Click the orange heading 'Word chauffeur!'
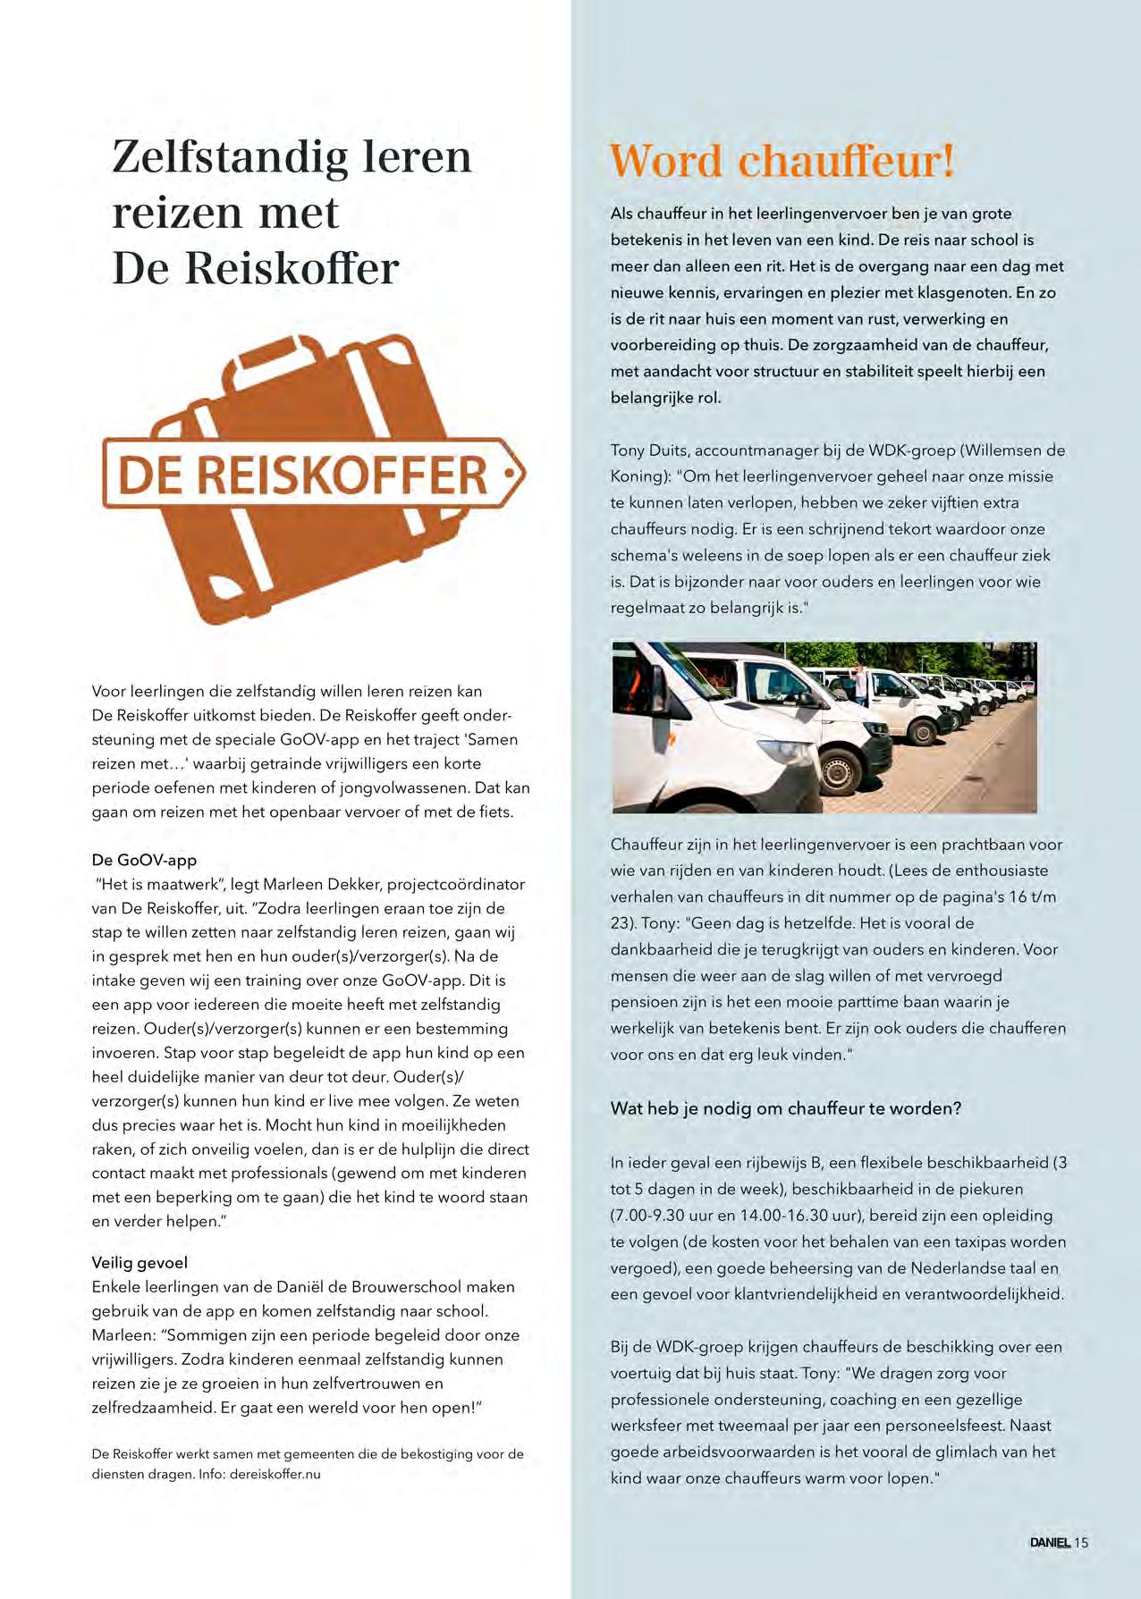(x=782, y=161)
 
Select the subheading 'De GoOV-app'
(x=144, y=860)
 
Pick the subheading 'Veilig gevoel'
(x=139, y=1263)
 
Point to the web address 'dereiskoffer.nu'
(x=275, y=1474)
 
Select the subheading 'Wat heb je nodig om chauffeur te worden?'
(x=785, y=1108)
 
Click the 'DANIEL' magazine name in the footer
(x=1049, y=1542)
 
